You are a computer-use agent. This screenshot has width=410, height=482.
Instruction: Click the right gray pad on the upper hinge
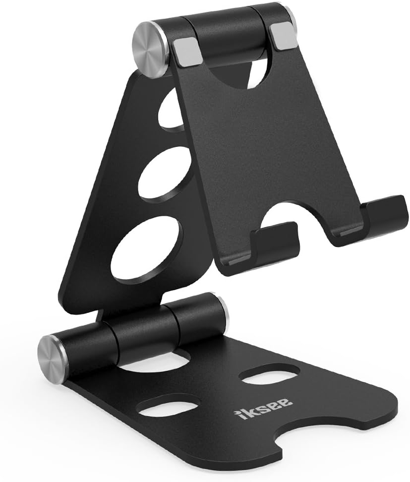click(x=283, y=38)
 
